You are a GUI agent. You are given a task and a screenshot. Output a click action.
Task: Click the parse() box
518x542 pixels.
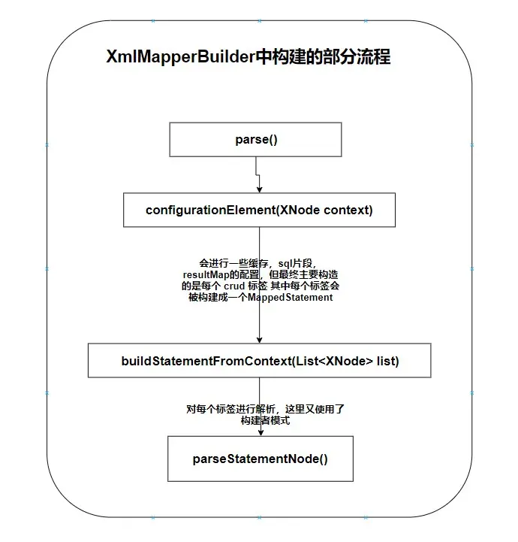click(x=255, y=139)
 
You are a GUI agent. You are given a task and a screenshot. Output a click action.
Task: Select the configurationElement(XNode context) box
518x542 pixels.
click(x=259, y=210)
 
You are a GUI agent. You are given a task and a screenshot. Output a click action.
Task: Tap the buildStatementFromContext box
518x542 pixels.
click(x=260, y=360)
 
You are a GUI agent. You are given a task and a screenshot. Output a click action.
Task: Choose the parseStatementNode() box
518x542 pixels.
click(x=261, y=459)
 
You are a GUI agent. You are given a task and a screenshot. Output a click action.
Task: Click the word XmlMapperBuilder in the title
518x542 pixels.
click(x=180, y=56)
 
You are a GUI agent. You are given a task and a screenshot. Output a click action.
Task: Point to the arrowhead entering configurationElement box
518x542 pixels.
click(x=260, y=189)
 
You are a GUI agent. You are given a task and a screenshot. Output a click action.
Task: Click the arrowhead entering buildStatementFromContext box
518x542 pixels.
click(x=260, y=340)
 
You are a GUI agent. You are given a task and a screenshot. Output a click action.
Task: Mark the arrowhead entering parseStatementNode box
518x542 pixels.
click(x=261, y=433)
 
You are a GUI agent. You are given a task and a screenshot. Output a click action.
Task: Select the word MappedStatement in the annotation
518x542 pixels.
click(x=291, y=297)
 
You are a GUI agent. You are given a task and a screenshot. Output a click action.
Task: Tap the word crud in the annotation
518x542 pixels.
click(x=234, y=286)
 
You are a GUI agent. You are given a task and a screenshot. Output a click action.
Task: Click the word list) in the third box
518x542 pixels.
click(x=387, y=361)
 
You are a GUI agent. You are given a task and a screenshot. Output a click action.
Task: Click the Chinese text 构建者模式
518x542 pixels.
click(x=265, y=420)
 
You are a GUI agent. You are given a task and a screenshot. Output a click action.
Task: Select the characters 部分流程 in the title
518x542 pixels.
click(x=356, y=56)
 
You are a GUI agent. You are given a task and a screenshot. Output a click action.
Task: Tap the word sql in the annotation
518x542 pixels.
click(x=285, y=264)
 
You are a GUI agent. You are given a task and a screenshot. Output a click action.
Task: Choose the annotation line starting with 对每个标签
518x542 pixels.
click(x=265, y=409)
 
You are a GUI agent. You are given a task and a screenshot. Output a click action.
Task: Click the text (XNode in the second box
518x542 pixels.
click(x=298, y=210)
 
